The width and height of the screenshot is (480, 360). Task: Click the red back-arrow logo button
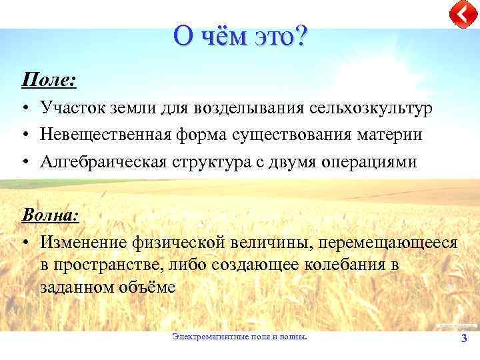pyautogui.click(x=461, y=15)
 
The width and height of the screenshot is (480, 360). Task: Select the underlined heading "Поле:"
pyautogui.click(x=49, y=81)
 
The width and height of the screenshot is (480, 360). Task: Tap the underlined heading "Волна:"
pyautogui.click(x=51, y=215)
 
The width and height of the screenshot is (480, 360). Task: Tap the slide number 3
pyautogui.click(x=464, y=339)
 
